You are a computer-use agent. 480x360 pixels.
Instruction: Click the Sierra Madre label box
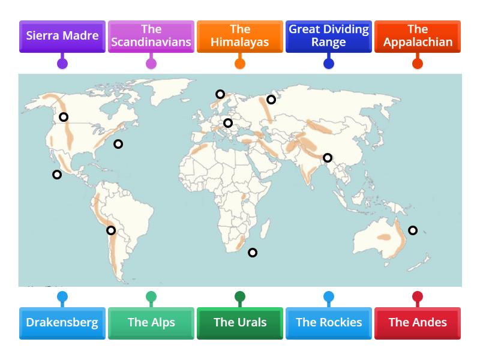62,36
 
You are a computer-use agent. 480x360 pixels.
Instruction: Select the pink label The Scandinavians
151,36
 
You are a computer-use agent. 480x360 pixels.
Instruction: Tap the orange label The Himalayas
240,36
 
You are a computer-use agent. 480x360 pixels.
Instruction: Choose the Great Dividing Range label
329,36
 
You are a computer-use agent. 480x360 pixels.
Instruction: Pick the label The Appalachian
418,36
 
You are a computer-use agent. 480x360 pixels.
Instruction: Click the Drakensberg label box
62,323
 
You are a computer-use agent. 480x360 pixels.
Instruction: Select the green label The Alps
151,323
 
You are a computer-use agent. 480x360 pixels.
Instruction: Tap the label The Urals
240,323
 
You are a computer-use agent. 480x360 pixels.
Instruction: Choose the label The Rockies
329,323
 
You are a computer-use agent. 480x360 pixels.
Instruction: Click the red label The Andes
418,323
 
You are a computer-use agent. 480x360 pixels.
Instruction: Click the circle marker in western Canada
64,117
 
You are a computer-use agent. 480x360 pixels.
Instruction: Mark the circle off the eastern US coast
118,144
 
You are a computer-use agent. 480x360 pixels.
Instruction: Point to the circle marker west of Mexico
57,175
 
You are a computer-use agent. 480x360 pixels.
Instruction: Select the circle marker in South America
111,230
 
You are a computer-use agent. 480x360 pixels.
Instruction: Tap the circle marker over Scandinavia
220,94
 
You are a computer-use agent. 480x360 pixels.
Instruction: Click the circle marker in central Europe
228,123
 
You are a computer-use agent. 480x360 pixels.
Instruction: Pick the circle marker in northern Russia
271,100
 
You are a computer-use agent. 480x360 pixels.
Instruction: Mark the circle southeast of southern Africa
253,253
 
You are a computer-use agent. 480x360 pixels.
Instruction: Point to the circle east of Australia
413,230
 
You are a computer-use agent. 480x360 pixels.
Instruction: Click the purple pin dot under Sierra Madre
62,64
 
